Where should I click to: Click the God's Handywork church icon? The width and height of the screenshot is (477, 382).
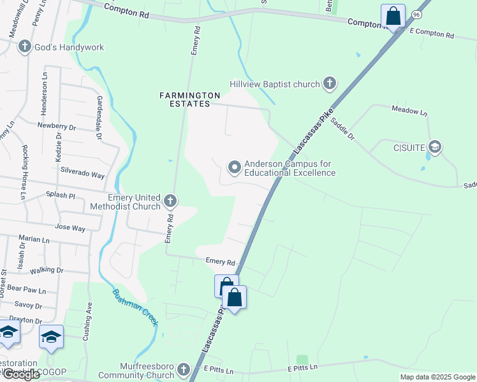25,46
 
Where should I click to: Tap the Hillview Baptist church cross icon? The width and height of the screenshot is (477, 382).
329,83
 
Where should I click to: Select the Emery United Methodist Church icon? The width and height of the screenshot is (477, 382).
170,201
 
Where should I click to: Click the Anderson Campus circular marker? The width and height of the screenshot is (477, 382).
235,167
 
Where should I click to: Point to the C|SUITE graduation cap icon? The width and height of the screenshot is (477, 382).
435,148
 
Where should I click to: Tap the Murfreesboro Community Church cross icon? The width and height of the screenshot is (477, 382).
184,369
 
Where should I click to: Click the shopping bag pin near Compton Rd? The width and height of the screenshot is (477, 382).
393,16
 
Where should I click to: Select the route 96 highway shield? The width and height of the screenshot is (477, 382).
416,13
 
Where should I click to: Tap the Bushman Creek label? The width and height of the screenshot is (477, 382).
135,308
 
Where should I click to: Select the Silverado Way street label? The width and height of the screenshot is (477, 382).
82,174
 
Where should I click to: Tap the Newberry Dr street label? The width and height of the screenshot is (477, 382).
57,127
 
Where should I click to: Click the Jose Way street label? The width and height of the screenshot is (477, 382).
70,227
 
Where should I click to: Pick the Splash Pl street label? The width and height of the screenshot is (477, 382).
61,195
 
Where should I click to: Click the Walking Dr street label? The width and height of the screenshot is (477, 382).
47,270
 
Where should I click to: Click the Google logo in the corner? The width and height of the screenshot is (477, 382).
21,374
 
